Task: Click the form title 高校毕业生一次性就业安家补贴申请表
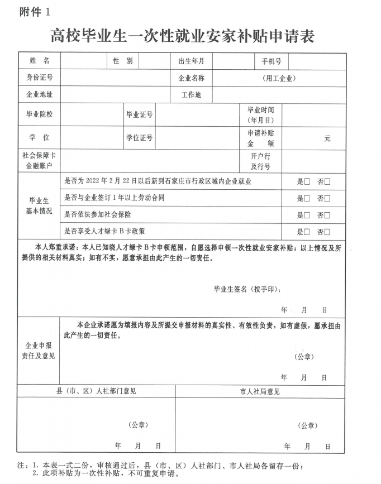click(x=182, y=37)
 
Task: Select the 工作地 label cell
click(x=191, y=95)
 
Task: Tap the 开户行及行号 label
click(x=260, y=161)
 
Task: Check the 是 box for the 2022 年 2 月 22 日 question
click(x=307, y=182)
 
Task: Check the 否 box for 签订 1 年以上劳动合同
click(x=327, y=199)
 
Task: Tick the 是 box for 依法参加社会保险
click(x=307, y=215)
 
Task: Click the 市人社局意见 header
click(x=260, y=391)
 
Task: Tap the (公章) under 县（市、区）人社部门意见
click(x=138, y=425)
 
